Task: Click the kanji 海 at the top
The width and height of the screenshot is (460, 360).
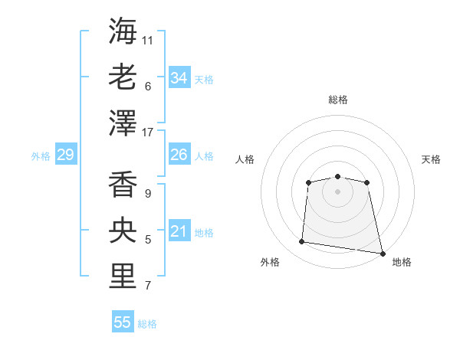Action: [x=123, y=31]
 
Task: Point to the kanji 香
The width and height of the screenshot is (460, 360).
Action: [x=123, y=185]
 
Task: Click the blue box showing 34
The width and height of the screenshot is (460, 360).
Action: [x=179, y=78]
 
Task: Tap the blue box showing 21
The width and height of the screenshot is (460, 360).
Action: [x=179, y=231]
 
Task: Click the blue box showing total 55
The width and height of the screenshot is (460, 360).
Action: [x=123, y=322]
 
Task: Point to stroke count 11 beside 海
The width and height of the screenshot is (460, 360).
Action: [x=148, y=39]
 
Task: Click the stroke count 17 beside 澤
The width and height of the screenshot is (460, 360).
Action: [x=148, y=132]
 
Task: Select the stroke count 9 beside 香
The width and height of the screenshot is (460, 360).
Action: [x=147, y=194]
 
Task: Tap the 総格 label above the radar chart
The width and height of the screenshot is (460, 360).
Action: [x=337, y=100]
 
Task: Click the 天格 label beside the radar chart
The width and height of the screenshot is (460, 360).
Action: [x=431, y=159]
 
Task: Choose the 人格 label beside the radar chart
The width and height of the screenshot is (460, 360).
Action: [x=245, y=159]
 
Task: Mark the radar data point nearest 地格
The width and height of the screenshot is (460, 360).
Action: [x=383, y=253]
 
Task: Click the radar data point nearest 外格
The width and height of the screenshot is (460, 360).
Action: [x=302, y=242]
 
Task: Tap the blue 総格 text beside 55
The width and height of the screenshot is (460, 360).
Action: [x=147, y=324]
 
